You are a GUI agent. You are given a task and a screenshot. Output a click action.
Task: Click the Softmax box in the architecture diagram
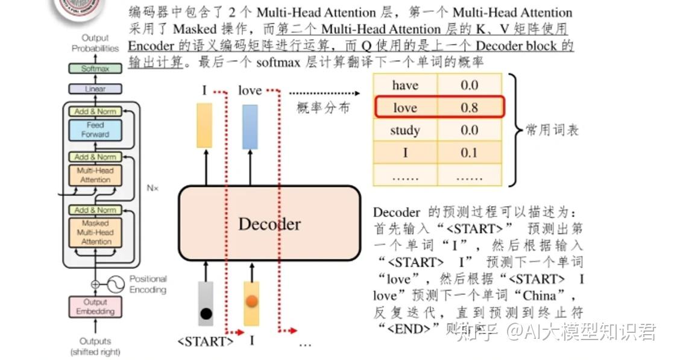(x=95, y=69)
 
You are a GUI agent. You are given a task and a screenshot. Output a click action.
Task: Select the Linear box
(x=95, y=89)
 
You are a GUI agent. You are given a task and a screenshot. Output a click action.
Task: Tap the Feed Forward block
(x=95, y=130)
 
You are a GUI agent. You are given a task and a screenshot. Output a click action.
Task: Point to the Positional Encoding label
(x=148, y=284)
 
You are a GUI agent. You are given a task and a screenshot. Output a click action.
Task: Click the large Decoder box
(x=269, y=224)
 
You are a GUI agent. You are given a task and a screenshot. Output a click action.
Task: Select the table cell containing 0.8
(x=469, y=108)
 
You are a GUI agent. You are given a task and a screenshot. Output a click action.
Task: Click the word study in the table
(x=405, y=130)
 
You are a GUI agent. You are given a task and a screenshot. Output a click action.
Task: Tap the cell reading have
(x=405, y=85)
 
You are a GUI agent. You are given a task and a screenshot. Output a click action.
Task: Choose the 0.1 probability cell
(x=469, y=153)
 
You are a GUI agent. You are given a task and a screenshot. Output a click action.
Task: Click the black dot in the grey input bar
(x=206, y=314)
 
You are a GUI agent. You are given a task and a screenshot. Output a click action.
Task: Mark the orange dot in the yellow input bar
(x=252, y=301)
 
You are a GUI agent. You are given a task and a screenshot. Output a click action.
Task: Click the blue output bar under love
(x=250, y=127)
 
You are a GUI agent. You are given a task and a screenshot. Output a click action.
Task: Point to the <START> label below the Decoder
(x=205, y=341)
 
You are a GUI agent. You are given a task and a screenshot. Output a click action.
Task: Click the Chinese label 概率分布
(x=323, y=109)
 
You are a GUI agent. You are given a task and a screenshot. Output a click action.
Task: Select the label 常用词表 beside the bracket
(x=552, y=130)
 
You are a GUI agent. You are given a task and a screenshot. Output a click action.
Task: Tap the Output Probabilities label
(x=95, y=43)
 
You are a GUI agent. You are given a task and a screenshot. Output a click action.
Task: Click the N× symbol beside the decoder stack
(x=152, y=188)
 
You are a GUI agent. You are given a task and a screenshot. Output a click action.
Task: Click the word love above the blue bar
(x=250, y=90)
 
